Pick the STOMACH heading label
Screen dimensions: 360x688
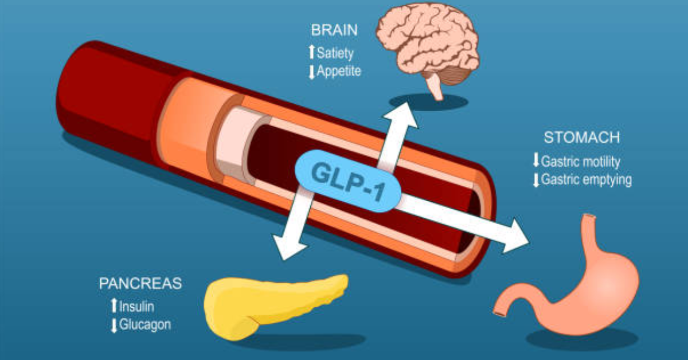tap(582, 138)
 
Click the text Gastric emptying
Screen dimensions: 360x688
tap(587, 180)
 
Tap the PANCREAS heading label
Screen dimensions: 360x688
tap(140, 283)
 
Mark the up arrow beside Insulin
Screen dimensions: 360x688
tap(114, 306)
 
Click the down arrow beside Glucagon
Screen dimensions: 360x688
tap(114, 325)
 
